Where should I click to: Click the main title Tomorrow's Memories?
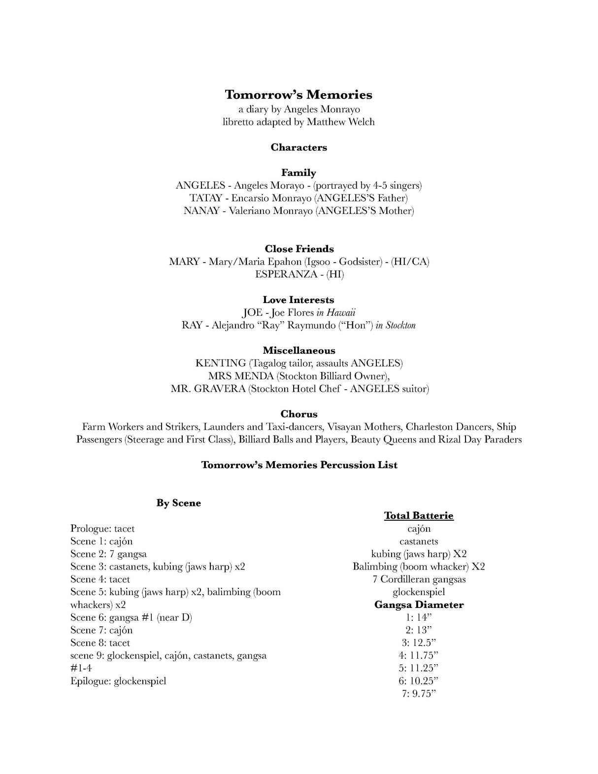click(299, 95)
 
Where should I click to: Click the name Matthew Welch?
click(340, 122)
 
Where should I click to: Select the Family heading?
click(299, 172)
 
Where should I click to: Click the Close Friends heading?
click(299, 249)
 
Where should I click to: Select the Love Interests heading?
click(299, 300)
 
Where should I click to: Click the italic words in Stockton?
click(396, 325)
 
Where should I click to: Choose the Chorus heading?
click(299, 414)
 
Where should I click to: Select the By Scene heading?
click(179, 503)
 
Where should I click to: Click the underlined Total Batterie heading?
click(419, 516)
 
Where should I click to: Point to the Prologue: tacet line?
click(102, 529)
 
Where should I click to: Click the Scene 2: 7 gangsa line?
click(108, 554)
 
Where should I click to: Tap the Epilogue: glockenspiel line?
click(118, 681)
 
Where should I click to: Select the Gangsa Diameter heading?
click(419, 605)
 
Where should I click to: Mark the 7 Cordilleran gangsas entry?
click(419, 579)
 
